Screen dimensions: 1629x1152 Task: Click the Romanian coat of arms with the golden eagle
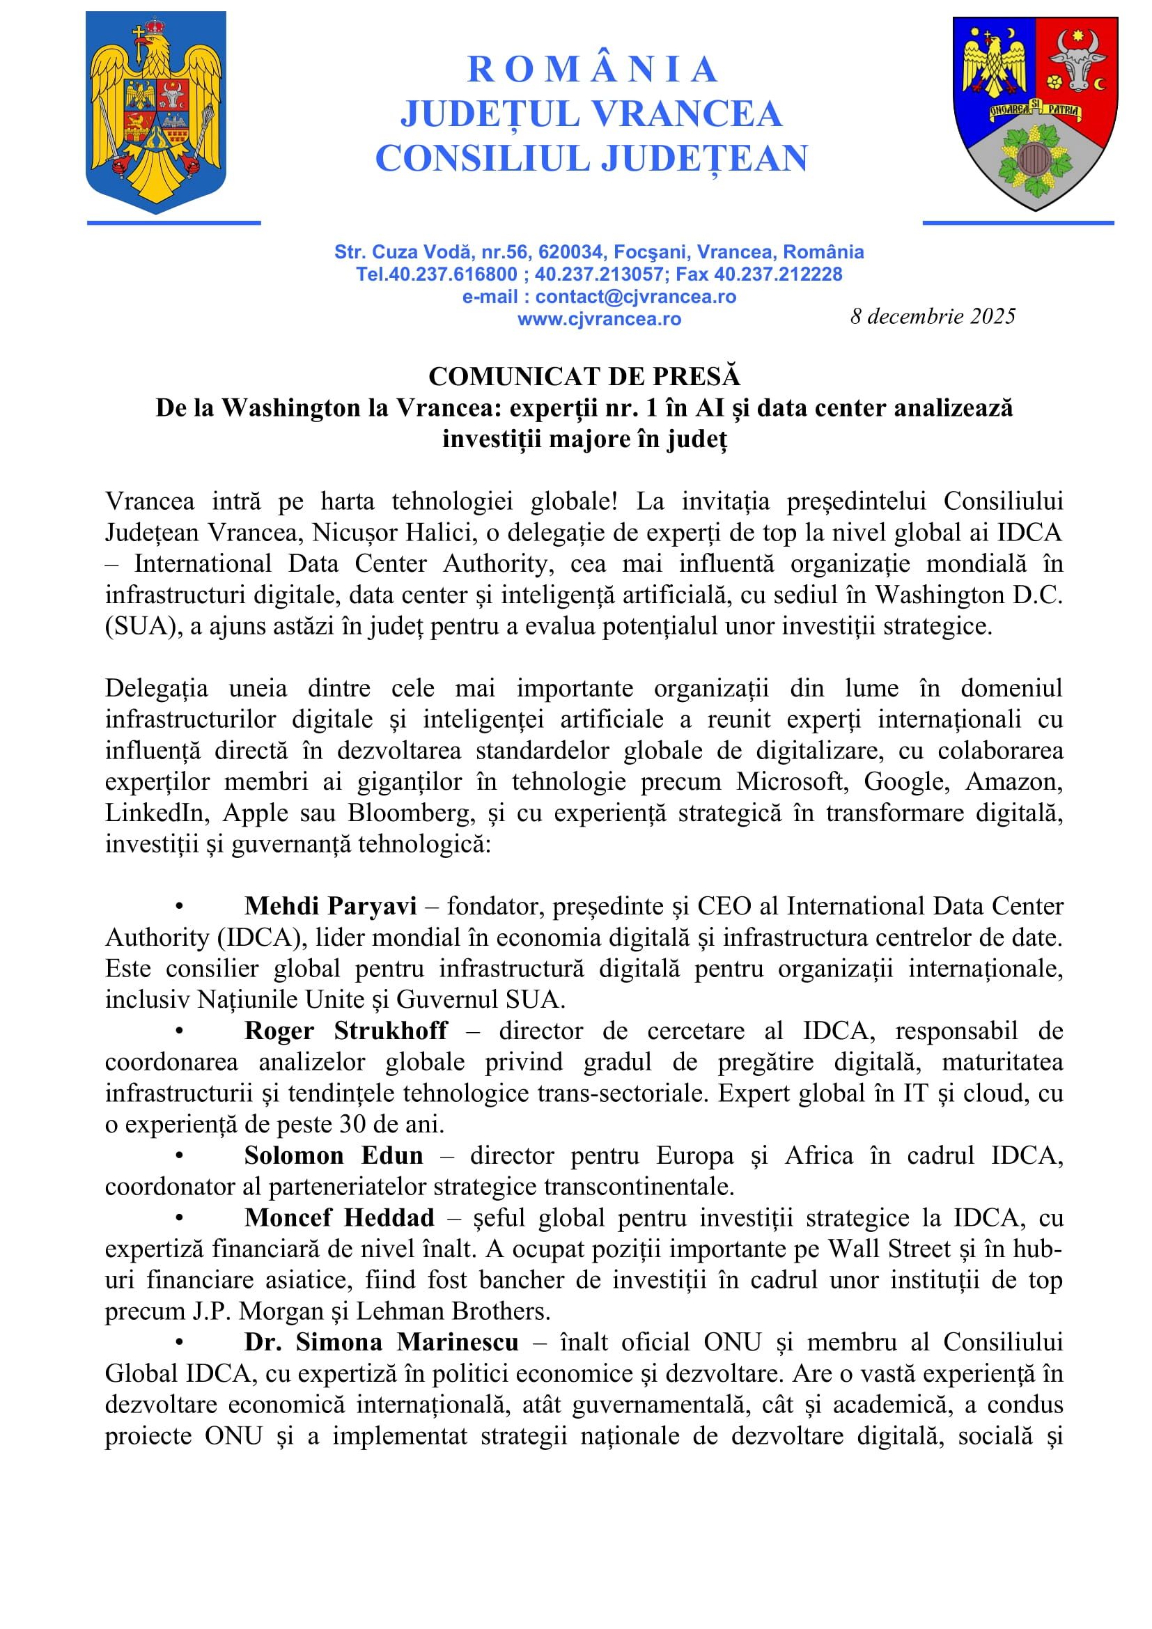(156, 111)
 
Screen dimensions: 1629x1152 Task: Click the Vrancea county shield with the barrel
(1035, 112)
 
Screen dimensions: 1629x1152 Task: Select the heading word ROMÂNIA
(592, 70)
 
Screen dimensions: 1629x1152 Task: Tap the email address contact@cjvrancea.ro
(635, 297)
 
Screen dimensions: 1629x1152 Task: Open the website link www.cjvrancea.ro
(599, 319)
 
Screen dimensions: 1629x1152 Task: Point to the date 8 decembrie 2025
(932, 316)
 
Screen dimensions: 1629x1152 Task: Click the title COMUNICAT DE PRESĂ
(584, 377)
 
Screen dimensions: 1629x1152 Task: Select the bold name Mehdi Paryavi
(331, 906)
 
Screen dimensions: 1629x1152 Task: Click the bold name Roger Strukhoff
(345, 1031)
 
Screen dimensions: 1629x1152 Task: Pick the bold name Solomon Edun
(334, 1156)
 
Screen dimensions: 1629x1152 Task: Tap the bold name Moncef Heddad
(339, 1218)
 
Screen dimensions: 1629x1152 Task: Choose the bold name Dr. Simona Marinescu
(382, 1342)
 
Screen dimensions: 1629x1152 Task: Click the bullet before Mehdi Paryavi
(180, 907)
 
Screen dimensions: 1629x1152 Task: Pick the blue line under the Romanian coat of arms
(174, 223)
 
